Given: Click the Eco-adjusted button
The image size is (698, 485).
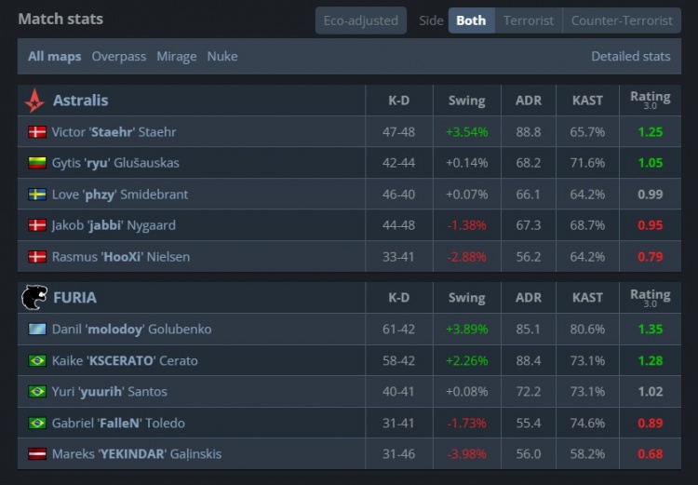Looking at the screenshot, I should coord(360,20).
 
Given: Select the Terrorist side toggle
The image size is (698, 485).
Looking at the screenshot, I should coord(529,20).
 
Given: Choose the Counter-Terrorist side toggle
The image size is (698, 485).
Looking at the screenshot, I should coord(622,20).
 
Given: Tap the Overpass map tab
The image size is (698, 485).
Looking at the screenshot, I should coord(119,57).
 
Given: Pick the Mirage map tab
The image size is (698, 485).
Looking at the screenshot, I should coord(177,57).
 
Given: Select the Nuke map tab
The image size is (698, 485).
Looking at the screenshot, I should coord(222,57).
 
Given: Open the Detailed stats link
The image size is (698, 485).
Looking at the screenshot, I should coord(630,57).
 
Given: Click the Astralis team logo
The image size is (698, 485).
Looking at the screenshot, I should coord(34,101).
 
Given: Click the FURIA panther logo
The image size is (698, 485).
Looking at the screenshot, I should coord(34,298).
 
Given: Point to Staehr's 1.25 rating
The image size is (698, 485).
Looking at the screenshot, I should coord(651,132).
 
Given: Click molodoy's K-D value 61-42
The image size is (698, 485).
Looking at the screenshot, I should coord(398,330).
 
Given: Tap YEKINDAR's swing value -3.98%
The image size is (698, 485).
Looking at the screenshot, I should coord(466,454).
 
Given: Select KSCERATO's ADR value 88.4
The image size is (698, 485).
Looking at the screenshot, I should coord(528,361).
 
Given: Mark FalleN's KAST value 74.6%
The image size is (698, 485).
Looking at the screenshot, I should coord(587,424).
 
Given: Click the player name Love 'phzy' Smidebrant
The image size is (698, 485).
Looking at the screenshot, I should coord(120,195).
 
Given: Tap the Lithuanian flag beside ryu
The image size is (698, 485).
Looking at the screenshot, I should coord(37,164).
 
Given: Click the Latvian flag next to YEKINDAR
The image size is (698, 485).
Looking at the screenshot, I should coord(37,454).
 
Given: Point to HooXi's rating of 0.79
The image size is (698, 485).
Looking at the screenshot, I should coord(651,257).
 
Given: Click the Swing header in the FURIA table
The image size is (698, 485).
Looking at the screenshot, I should coord(466,299).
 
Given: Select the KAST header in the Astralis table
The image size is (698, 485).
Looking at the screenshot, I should coord(587,101).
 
